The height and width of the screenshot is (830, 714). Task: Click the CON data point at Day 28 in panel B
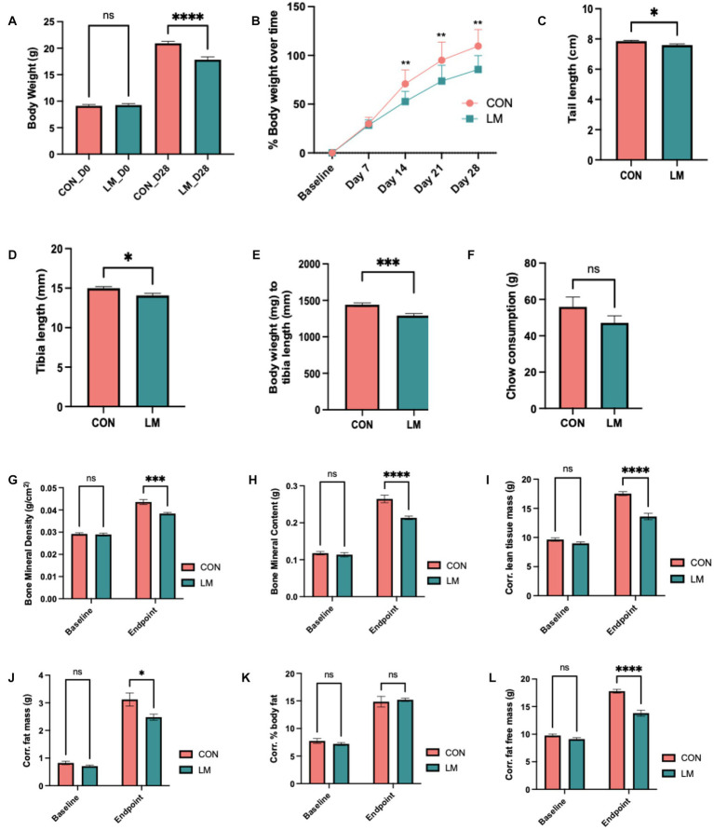coord(478,46)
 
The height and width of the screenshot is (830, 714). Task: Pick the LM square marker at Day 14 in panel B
coord(404,101)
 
